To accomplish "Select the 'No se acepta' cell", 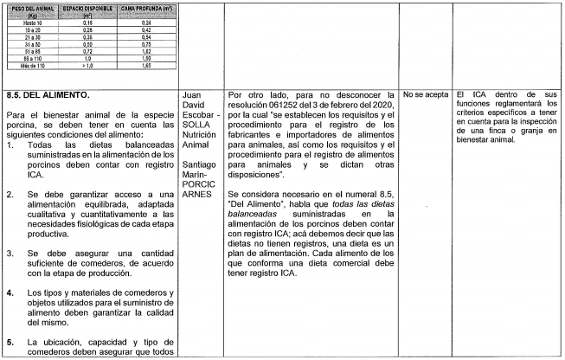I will [425, 93].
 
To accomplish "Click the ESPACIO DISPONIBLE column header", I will [87, 11].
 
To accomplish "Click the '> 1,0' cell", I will [87, 66].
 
